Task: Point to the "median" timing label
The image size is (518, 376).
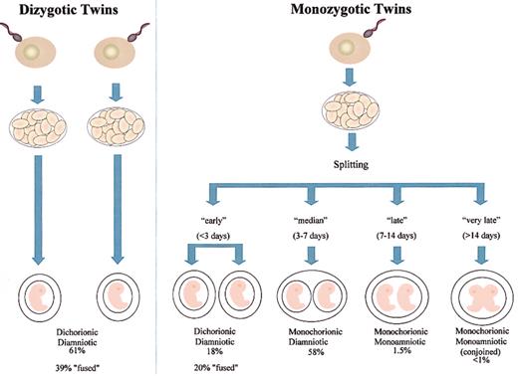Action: tap(303, 221)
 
